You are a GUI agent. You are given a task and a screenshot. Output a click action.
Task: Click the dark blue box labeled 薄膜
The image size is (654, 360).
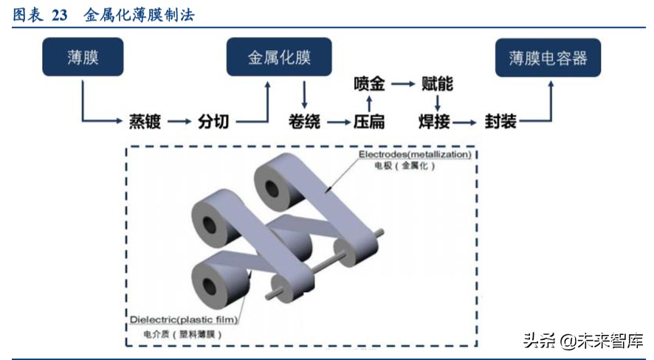[x=83, y=58]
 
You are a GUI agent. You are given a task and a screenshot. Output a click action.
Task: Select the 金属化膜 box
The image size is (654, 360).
[x=278, y=58]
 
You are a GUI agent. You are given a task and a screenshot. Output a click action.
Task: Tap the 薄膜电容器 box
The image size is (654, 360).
[x=548, y=58]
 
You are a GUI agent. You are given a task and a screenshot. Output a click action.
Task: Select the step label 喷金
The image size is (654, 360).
[x=368, y=84]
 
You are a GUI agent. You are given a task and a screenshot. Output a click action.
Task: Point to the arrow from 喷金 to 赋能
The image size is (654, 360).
[x=403, y=84]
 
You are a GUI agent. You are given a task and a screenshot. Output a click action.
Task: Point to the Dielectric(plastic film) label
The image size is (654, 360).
[x=185, y=319]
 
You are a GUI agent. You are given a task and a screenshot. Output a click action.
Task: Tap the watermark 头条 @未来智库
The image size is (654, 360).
[x=583, y=341]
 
